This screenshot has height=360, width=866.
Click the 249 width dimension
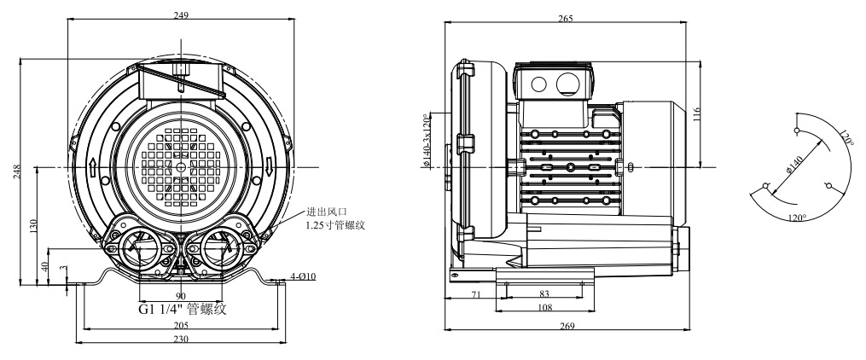tap(181, 15)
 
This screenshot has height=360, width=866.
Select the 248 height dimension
tap(17, 171)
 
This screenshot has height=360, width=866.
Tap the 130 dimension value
tap(33, 226)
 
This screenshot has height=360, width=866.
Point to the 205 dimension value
tap(181, 325)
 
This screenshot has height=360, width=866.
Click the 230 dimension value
tap(181, 339)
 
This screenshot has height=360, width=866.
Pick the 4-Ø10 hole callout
tap(303, 276)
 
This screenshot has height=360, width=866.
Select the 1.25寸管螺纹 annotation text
tap(335, 225)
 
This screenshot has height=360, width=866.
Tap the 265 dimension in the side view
tap(566, 18)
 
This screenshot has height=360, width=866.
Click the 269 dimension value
tap(567, 326)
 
